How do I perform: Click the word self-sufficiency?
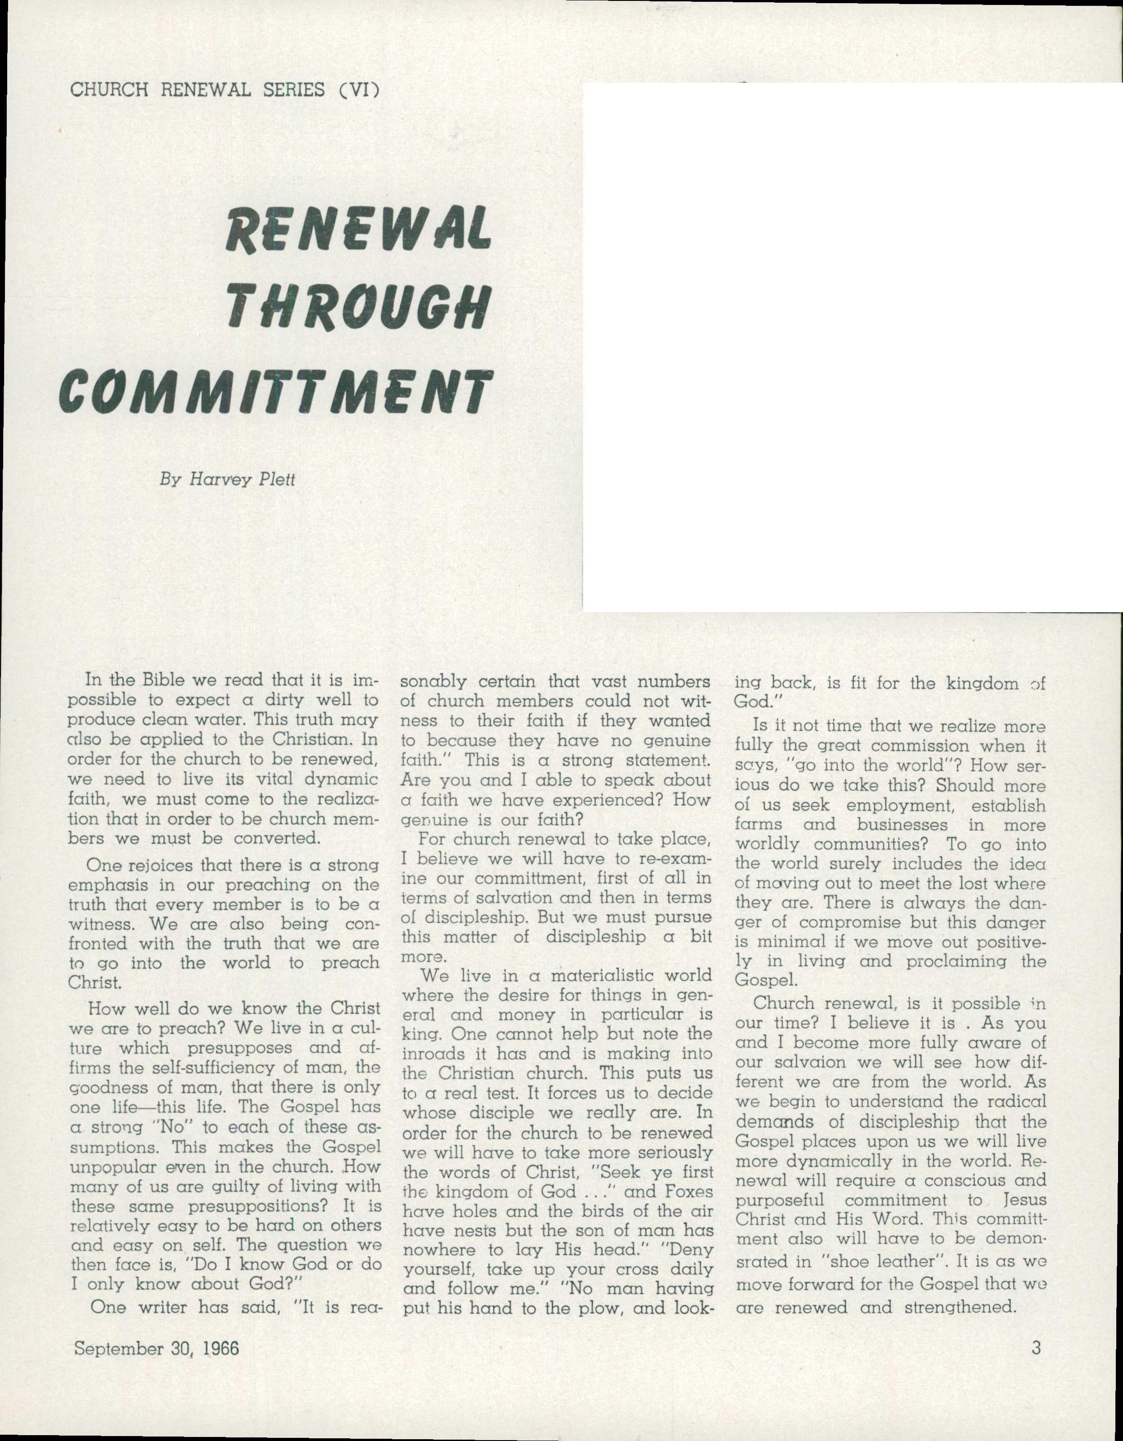point(189,1067)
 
